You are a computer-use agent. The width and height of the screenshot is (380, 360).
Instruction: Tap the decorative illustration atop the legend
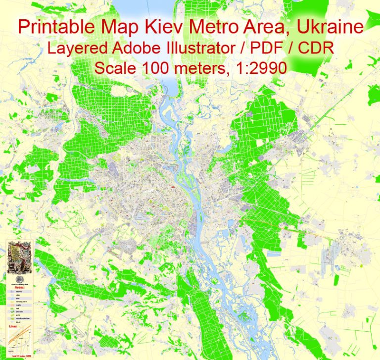pos(19,256)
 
